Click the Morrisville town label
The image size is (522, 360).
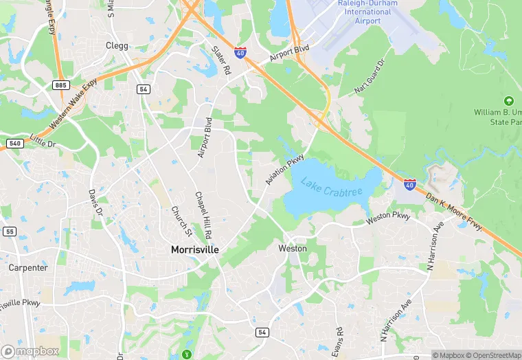pos(194,250)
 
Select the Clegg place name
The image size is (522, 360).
pos(117,45)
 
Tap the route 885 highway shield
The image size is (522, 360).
pos(60,84)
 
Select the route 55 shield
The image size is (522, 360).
pos(9,232)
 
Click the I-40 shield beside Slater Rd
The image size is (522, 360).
pos(240,52)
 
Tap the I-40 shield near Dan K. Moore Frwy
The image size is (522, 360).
pos(409,183)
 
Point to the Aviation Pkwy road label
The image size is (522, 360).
pos(285,170)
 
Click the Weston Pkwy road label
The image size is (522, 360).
pos(387,218)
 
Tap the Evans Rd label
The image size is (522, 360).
pos(336,339)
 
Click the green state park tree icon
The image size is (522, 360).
pos(509,101)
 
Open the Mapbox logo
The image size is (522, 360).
pos(30,351)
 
